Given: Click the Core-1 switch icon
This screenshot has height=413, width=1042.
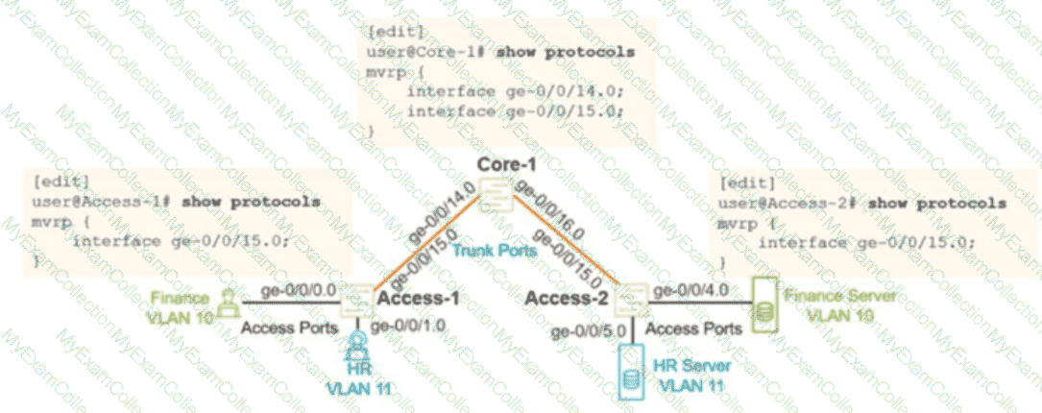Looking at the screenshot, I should point(497,200).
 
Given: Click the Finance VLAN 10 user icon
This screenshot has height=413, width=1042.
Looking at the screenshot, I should point(228,300).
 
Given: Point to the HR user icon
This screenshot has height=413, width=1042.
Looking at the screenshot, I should point(356,347).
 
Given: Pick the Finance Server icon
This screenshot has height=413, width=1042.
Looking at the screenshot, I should point(763,304).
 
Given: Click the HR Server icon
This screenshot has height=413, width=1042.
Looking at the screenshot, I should point(631,371).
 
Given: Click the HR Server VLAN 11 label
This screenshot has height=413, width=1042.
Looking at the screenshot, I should point(688,377).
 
